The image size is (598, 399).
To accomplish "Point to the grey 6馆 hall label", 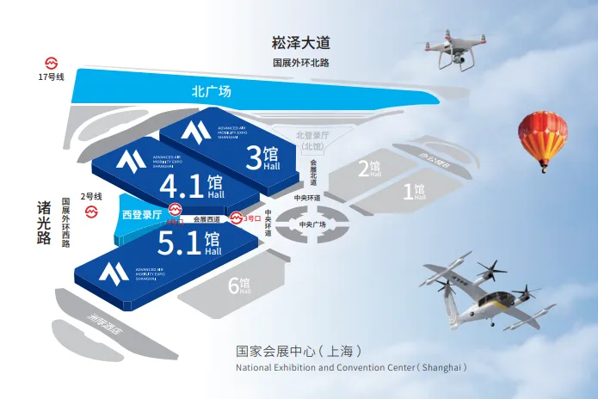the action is click(x=239, y=285).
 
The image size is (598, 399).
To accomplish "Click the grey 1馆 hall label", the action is click(x=415, y=190).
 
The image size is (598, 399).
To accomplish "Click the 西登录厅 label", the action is click(x=142, y=215).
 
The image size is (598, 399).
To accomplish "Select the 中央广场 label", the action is click(x=312, y=224).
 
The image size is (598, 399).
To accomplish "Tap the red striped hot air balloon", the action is click(x=542, y=138).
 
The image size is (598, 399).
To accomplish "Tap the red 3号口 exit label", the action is click(x=250, y=218).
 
